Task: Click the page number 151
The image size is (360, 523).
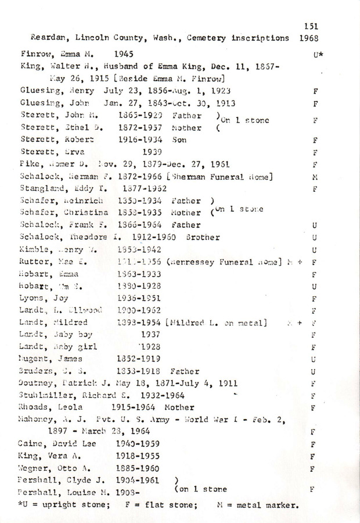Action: (x=311, y=26)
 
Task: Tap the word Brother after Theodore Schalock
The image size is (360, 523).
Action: (x=203, y=237)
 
